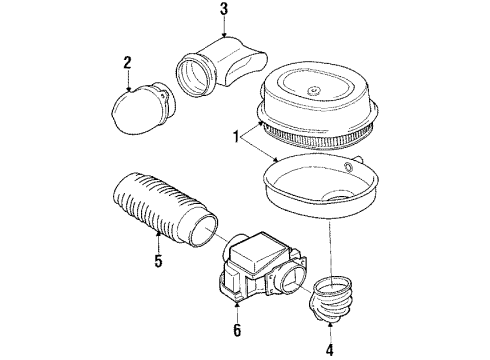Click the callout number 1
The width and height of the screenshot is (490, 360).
(236, 137)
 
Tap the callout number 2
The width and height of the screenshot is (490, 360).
(127, 63)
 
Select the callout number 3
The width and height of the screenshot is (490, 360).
(224, 9)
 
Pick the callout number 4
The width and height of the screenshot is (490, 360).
(330, 350)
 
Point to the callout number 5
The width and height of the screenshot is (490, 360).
(158, 261)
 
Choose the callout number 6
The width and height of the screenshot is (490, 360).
(237, 330)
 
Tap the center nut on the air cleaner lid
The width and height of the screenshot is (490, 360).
(313, 90)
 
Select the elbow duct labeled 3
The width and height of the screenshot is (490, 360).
(221, 67)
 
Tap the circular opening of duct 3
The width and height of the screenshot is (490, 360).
(192, 77)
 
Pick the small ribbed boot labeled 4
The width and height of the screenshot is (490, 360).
(331, 298)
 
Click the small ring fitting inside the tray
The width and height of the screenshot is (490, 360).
(348, 167)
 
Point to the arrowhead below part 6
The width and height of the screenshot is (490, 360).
(237, 303)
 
